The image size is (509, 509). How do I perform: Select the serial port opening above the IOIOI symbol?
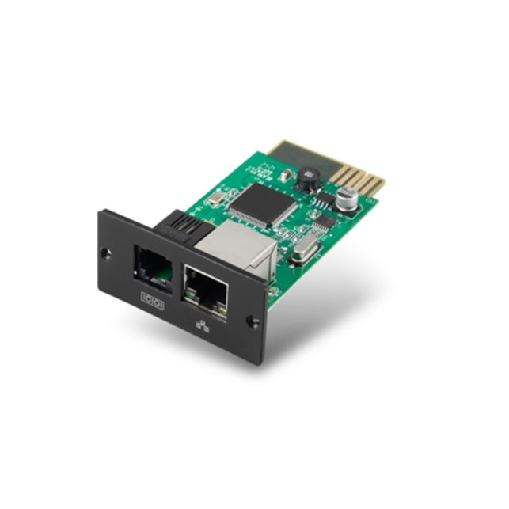pos(154,264)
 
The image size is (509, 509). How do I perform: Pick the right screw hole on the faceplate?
pos(253,321)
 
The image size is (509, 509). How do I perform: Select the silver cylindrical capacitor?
pos(345,199)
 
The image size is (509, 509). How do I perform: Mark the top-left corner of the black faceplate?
pos(100,211)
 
